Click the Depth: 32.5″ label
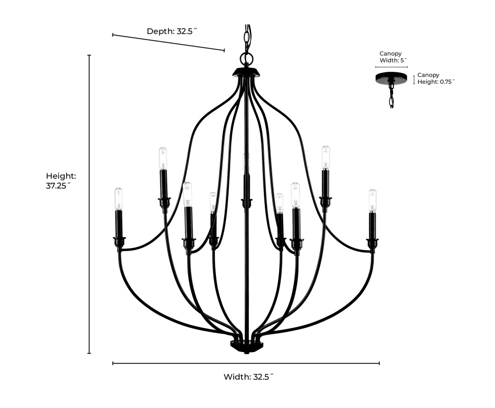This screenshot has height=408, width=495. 172,31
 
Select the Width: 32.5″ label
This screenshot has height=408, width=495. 248,377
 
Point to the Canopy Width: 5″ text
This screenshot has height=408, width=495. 393,57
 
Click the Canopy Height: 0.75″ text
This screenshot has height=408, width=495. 436,78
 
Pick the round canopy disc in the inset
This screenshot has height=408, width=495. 392,78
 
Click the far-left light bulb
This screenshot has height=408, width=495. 118,199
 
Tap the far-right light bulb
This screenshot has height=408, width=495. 373,201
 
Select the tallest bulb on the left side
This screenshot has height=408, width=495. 162,158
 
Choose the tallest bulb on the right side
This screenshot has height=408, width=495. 326,157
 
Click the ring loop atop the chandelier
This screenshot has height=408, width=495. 246,58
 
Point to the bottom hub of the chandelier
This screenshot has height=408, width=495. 246,346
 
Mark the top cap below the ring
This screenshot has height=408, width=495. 246,72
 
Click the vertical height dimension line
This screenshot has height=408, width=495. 89,204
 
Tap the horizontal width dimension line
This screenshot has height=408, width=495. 246,363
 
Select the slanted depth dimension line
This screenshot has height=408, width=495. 169,43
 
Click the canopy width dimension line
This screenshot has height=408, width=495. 392,67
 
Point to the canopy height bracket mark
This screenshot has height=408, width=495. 414,80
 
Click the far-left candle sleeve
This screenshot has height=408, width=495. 119,224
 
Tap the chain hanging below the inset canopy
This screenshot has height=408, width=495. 392,96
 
